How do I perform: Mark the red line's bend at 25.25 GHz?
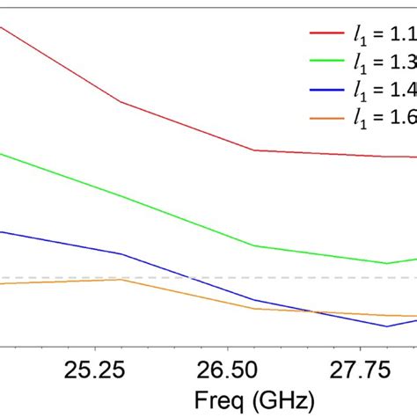(121, 102)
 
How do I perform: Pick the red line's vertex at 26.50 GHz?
(255, 150)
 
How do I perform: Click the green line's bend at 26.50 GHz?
(255, 246)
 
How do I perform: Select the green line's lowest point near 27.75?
(386, 263)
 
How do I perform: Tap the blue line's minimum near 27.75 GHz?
(386, 326)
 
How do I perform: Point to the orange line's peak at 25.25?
(121, 279)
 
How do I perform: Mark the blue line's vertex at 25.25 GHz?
(121, 253)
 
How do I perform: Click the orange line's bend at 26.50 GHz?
(255, 309)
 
